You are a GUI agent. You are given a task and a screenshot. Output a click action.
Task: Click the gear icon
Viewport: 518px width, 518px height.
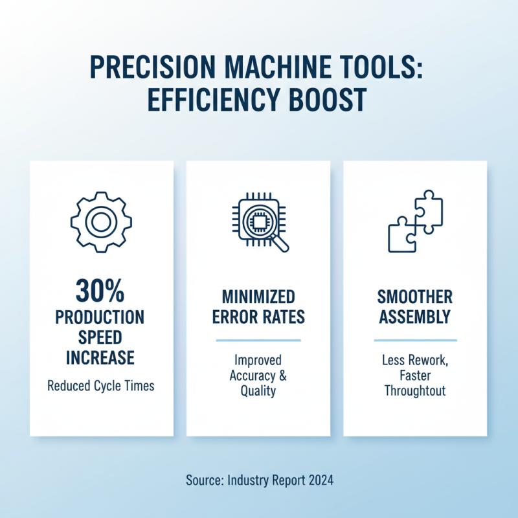(101, 222)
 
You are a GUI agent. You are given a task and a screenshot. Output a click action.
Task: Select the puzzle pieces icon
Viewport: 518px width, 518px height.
(415, 221)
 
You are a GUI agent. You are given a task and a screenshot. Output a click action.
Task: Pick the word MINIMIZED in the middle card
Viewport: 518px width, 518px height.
(258, 297)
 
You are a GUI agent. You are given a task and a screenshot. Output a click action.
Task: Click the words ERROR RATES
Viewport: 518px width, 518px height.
(258, 318)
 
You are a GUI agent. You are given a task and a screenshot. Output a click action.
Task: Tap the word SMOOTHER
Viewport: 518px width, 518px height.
(415, 297)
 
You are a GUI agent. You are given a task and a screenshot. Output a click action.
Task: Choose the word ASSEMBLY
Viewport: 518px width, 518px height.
(415, 318)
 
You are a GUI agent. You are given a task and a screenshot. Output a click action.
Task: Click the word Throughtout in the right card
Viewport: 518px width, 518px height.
(415, 391)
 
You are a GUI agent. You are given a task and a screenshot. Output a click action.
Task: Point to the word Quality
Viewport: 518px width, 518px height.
(258, 391)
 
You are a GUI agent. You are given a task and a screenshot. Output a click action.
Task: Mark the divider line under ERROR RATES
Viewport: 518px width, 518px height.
(258, 341)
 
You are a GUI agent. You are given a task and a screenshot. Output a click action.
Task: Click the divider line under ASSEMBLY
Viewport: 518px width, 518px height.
(415, 341)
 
